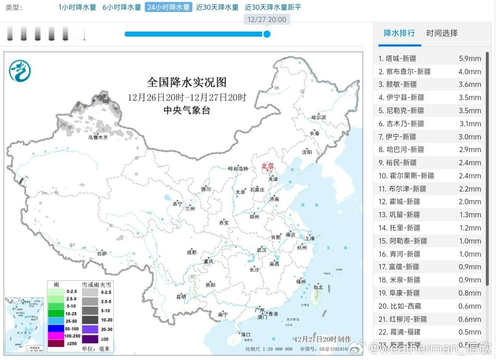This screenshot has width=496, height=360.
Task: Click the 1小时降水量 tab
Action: (x=77, y=7)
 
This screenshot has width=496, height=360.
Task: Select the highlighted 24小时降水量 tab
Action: (x=168, y=7)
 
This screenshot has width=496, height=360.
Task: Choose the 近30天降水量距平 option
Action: (x=273, y=7)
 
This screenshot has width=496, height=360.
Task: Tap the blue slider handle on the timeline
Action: (x=267, y=34)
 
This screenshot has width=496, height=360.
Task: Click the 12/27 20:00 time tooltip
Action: (x=267, y=20)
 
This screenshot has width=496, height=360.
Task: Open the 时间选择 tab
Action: (x=442, y=33)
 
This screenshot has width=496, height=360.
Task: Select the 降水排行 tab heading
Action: (x=399, y=33)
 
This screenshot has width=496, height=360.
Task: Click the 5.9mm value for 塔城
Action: (x=470, y=59)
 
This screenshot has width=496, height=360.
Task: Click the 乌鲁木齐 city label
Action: (x=98, y=138)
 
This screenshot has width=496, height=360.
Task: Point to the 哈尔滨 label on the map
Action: (x=318, y=117)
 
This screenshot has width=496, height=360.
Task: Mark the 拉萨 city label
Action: (x=102, y=254)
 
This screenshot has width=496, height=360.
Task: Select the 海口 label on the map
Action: (x=245, y=335)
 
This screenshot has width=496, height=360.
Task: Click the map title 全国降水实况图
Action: (x=187, y=82)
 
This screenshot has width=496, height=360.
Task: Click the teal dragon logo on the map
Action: (x=20, y=71)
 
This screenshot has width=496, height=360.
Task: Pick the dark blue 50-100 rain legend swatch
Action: (x=56, y=329)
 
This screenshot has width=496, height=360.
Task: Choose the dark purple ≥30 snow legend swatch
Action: (x=90, y=339)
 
